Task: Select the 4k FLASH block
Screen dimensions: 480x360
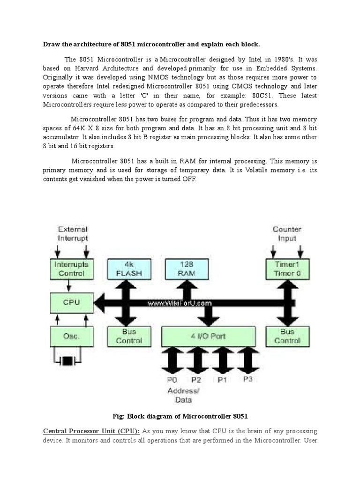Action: click(x=126, y=269)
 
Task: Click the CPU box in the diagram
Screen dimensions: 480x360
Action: click(x=72, y=302)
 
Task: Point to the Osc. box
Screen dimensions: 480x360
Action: click(x=72, y=336)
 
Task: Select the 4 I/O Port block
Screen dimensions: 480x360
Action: click(x=209, y=336)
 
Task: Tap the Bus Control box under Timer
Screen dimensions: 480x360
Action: click(x=286, y=336)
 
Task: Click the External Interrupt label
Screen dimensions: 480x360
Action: click(x=72, y=233)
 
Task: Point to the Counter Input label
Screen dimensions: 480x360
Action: click(x=287, y=233)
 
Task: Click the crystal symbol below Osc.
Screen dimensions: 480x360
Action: click(x=69, y=360)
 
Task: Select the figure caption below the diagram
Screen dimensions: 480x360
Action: click(x=180, y=416)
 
